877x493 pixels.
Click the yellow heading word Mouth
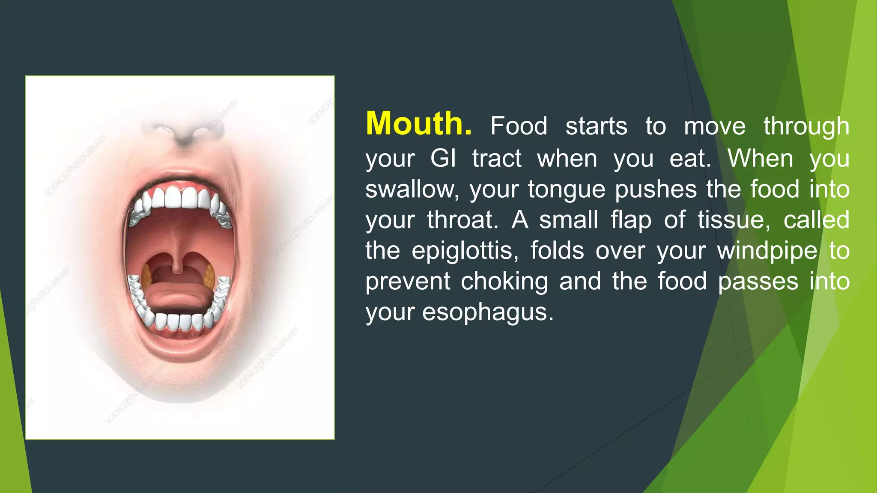click(x=418, y=124)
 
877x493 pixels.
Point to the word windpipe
click(x=767, y=251)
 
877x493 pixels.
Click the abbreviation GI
click(x=443, y=158)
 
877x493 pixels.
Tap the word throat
click(x=462, y=220)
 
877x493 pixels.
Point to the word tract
click(x=497, y=158)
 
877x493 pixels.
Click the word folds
click(x=557, y=251)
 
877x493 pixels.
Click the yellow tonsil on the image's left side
click(x=147, y=276)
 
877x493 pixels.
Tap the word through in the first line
click(x=806, y=127)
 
